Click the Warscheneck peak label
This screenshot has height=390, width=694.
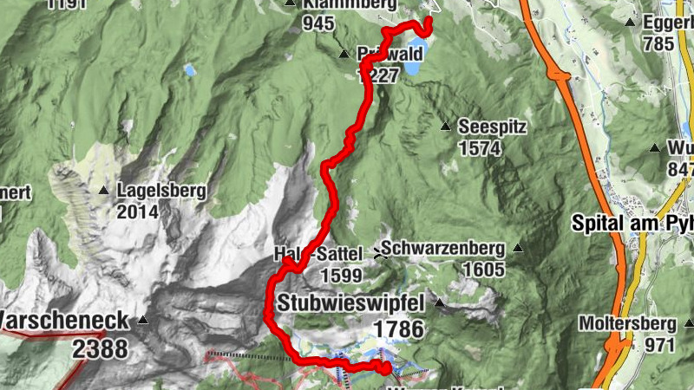tap(64, 320)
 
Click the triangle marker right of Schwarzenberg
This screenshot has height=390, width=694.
tap(518, 249)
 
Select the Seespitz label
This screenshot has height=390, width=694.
tap(493, 127)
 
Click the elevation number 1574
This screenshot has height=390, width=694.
tap(480, 148)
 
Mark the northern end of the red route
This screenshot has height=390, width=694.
tap(429, 21)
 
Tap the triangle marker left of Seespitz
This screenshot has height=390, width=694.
tap(445, 127)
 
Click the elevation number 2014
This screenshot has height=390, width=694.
tap(139, 211)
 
